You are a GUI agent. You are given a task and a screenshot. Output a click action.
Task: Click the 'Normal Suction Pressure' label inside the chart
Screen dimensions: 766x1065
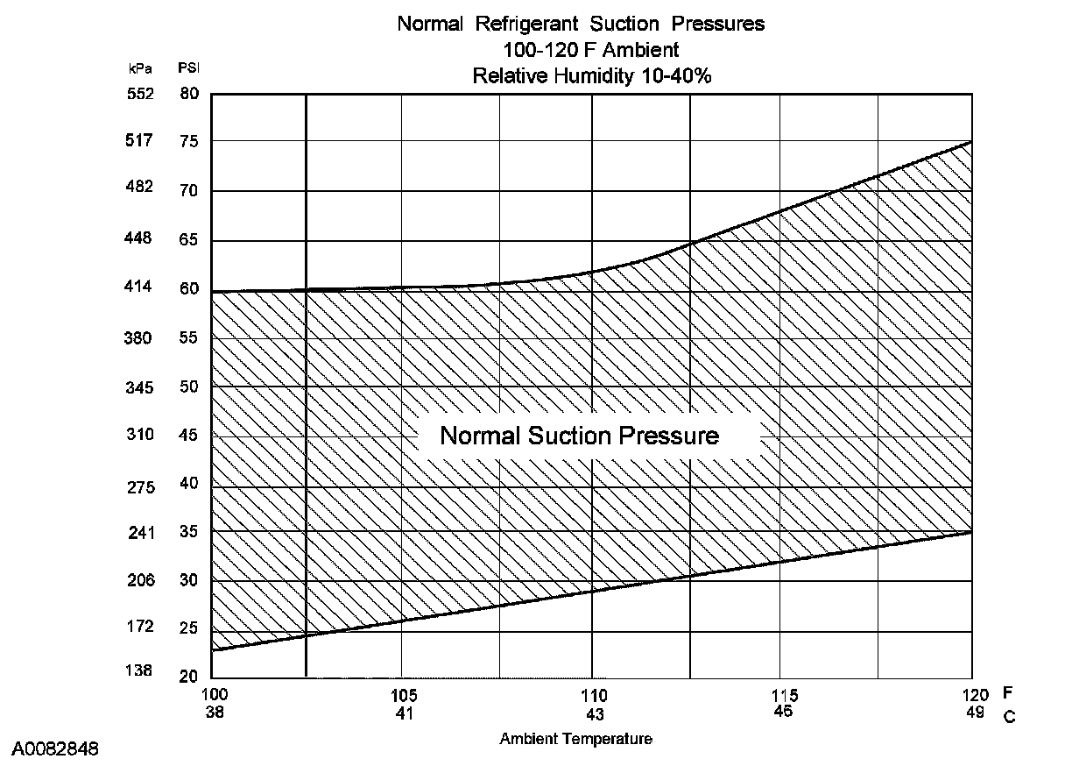click(x=579, y=436)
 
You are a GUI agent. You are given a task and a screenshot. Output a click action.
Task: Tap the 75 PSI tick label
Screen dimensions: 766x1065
click(x=188, y=141)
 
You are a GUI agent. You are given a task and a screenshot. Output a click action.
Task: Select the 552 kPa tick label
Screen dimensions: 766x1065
click(x=139, y=94)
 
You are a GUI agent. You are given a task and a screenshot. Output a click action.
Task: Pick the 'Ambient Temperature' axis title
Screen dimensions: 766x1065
click(x=575, y=739)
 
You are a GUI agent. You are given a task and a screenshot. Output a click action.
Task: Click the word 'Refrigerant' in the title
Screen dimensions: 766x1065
click(x=524, y=24)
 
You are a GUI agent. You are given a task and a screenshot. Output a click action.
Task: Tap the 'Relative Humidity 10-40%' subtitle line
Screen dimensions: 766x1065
click(x=591, y=75)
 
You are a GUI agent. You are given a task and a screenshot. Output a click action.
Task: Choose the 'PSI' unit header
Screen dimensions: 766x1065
click(x=188, y=67)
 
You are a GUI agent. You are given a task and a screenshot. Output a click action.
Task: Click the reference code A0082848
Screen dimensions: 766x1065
click(x=55, y=749)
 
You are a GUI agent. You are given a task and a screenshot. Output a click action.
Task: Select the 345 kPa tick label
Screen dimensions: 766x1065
click(x=139, y=387)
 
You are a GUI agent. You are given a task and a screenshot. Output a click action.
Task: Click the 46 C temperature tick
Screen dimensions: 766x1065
click(x=783, y=712)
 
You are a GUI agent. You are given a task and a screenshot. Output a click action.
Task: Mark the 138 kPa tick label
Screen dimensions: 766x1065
click(x=139, y=671)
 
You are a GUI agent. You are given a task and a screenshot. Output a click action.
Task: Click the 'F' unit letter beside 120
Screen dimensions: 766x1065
click(x=1008, y=693)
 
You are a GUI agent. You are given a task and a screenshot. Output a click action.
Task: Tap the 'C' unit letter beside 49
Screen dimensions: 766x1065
click(x=1009, y=717)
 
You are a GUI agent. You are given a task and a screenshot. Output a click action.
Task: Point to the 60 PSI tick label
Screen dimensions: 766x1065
click(x=188, y=288)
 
